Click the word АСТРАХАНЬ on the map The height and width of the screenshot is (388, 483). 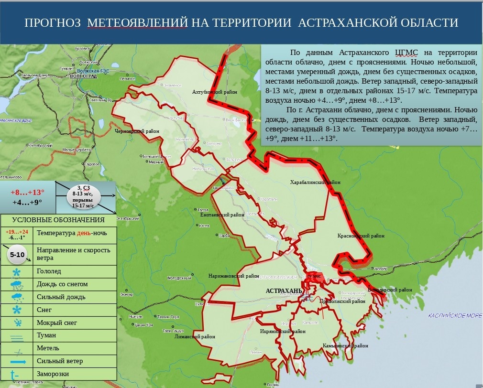(284, 291)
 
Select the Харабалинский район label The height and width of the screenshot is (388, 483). (315, 182)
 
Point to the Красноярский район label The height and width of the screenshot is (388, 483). (361, 236)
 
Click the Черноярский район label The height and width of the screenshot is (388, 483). (137, 130)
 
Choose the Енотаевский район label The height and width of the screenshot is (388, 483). (222, 215)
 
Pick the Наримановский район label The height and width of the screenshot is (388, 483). (231, 276)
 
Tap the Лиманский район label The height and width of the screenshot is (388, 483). (196, 337)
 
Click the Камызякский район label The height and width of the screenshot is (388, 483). (345, 345)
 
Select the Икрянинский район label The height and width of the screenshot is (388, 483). (283, 331)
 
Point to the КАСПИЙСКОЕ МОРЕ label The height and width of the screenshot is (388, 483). (455, 315)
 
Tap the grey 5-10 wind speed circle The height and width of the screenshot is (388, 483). (17, 255)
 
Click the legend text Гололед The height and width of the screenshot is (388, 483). (49, 271)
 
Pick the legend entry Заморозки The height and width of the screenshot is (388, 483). (53, 374)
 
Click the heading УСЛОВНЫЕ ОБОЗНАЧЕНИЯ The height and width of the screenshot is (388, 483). (58, 220)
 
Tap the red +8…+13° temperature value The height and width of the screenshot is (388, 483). (27, 192)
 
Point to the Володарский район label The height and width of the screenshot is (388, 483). (390, 290)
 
